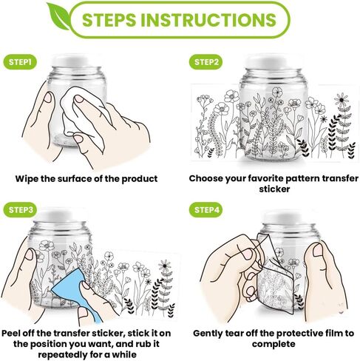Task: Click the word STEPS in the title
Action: (x=109, y=20)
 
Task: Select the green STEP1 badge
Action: (x=20, y=62)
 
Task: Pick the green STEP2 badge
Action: (x=206, y=62)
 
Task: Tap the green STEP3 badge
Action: (x=20, y=210)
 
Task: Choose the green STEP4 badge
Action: (x=206, y=210)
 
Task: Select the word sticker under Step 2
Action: (x=274, y=189)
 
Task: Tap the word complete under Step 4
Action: (x=274, y=344)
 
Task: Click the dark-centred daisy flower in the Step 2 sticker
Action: (x=342, y=100)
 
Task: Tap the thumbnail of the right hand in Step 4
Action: (x=318, y=249)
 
